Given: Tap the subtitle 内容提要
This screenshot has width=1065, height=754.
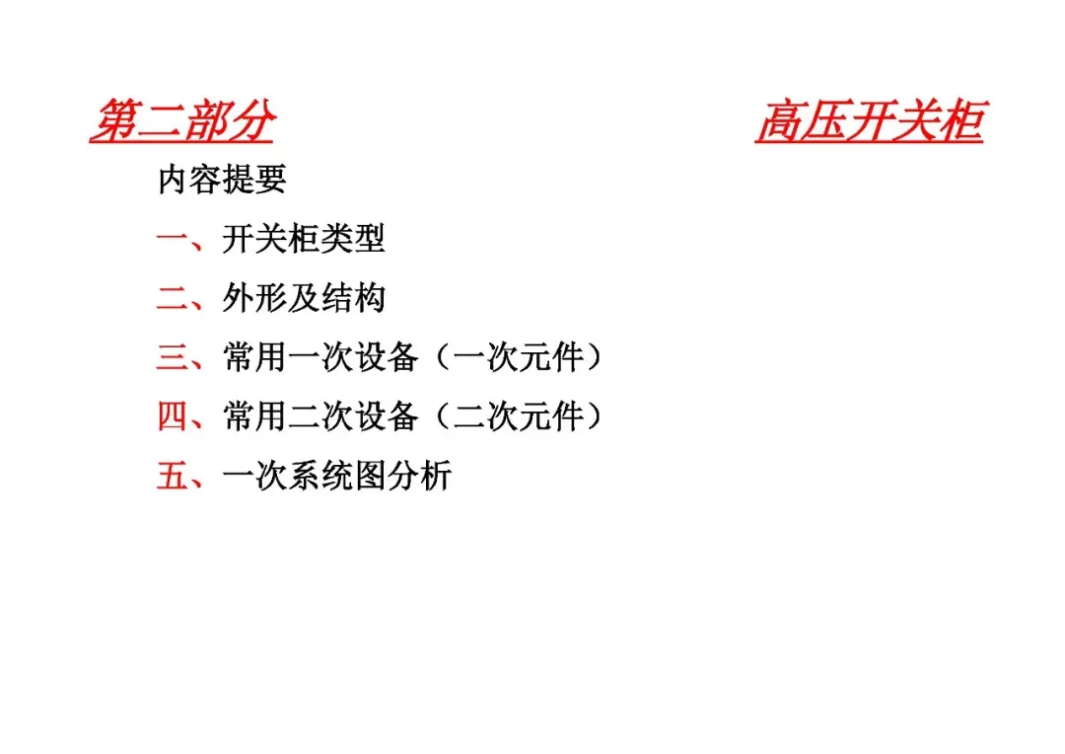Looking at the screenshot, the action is pos(222,180).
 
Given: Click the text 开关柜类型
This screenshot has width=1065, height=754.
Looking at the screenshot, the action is pos(303,239).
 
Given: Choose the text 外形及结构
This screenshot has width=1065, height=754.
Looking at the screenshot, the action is pos(303,298).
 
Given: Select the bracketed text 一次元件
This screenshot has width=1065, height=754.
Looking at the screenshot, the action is pos(520,357).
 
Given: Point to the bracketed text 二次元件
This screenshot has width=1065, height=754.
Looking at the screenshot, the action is pos(520,416).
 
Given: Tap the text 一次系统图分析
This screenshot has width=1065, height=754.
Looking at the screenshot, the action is pos(337,476).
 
